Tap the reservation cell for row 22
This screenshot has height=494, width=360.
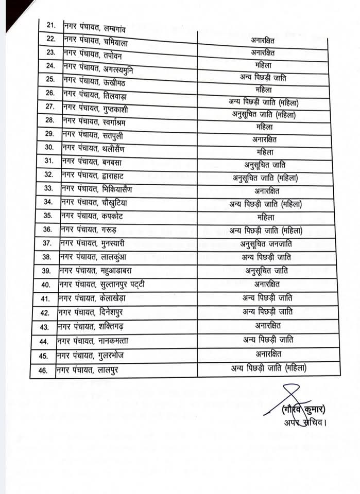click(263, 39)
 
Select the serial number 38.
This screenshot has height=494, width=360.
click(47, 257)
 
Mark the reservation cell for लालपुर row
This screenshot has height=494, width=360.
click(268, 368)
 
